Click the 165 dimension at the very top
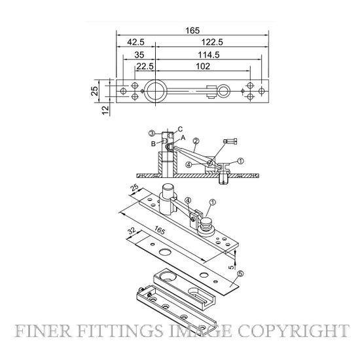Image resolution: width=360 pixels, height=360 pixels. point(192,31)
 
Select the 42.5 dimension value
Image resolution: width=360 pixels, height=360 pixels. point(135,42)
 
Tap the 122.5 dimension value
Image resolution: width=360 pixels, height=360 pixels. point(212,42)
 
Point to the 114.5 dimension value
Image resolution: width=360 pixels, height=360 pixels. point(209,55)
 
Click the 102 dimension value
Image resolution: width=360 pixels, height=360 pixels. point(203,66)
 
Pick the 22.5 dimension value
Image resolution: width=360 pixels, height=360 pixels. point(145,66)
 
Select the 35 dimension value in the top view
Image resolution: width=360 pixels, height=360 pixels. point(139,55)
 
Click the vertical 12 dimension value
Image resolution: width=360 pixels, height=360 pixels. point(105,110)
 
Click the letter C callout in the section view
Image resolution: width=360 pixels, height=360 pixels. point(180,129)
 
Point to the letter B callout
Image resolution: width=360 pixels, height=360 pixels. point(153,144)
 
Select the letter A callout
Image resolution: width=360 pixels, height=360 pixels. point(183,137)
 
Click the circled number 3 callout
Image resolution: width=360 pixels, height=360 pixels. point(152,133)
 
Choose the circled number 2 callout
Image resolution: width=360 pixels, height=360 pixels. point(196,141)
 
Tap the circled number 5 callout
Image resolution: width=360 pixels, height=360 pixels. point(240,274)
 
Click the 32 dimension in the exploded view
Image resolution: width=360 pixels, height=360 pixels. point(132,231)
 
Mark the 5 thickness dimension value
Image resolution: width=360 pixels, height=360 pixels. point(232,267)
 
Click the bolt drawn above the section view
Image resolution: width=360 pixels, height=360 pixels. point(230,141)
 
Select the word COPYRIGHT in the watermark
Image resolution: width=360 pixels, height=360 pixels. point(293,331)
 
